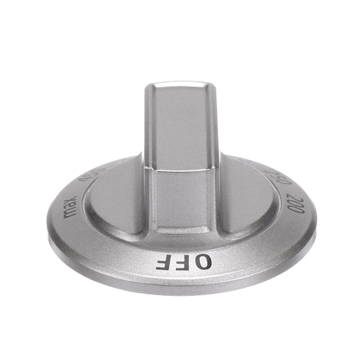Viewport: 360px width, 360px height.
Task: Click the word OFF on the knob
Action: tap(184, 261)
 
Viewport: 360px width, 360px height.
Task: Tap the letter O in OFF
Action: tap(203, 261)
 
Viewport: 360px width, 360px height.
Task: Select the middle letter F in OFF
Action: tap(183, 261)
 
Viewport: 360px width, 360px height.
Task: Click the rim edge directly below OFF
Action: tap(184, 284)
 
